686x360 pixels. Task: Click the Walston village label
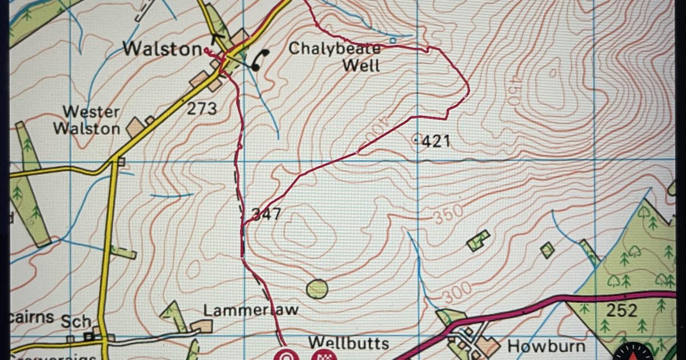162,49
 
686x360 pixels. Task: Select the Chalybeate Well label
334,57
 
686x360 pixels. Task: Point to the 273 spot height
202,108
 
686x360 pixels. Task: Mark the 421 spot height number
436,141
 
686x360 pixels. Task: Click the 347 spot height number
266,214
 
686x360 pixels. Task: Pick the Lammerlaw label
251,310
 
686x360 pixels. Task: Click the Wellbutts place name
349,343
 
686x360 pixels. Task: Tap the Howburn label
539,346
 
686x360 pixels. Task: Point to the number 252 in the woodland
621,310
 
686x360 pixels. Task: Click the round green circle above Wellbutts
317,289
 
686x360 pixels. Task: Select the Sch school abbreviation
77,322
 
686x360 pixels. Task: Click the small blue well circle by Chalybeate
393,41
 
